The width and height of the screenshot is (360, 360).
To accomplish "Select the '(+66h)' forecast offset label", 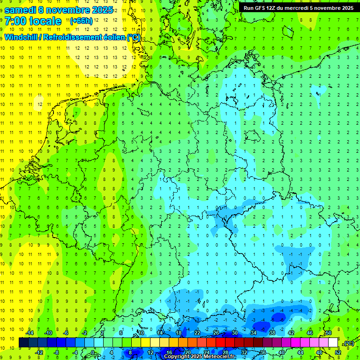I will (x=81, y=21).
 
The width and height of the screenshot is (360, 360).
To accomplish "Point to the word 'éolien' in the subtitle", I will (x=112, y=37).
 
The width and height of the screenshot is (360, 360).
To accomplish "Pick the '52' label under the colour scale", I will (x=338, y=352).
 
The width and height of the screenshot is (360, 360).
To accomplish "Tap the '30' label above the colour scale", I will (x=235, y=333).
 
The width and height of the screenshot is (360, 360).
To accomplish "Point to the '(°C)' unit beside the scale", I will (x=348, y=343).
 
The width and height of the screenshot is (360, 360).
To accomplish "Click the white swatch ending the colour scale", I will (x=333, y=343).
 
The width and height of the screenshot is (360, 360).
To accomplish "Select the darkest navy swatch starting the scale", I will (x=23, y=343).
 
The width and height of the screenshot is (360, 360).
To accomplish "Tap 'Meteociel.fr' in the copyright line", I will (x=219, y=357).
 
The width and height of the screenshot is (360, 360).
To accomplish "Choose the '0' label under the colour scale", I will (x=94, y=352).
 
